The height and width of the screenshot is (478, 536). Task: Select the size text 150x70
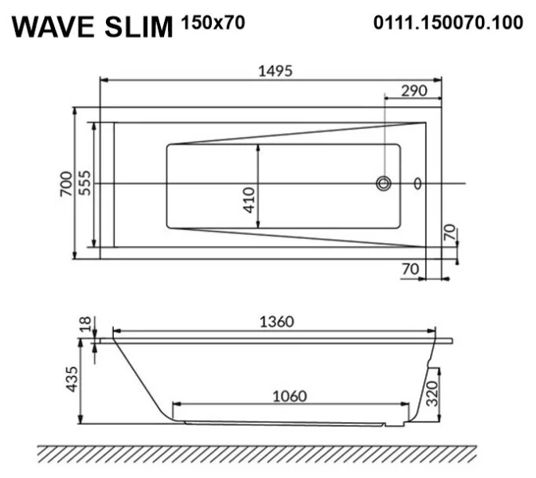click(x=213, y=22)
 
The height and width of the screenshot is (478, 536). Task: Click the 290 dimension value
click(x=414, y=90)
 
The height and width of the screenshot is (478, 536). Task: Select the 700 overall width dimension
click(x=66, y=185)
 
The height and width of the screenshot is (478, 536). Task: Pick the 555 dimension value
click(x=84, y=185)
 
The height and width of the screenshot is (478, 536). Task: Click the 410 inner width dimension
click(x=248, y=199)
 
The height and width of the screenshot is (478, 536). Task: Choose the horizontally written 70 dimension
click(x=410, y=270)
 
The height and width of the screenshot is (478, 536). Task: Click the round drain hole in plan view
click(x=384, y=184)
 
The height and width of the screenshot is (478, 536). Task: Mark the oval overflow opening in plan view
click(x=417, y=184)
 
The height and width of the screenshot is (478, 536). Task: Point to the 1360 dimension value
click(x=276, y=321)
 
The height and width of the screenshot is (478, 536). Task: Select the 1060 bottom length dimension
click(x=291, y=394)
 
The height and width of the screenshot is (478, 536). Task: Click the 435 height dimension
click(x=72, y=380)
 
